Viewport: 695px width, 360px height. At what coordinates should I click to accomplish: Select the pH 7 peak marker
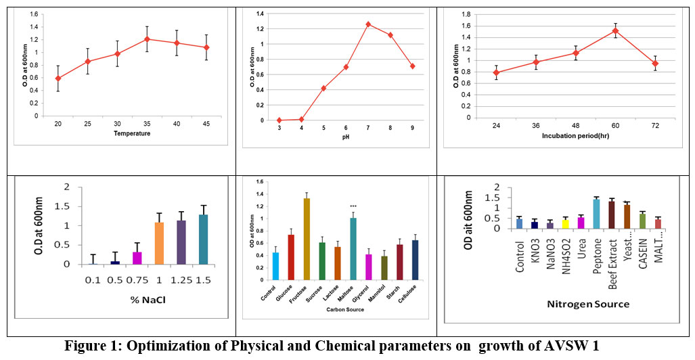coord(368,24)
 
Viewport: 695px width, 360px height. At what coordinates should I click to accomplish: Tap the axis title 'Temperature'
coord(133,134)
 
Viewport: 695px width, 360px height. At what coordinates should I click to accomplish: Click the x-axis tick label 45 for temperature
coord(207,124)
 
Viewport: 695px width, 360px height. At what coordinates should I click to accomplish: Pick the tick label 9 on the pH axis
coord(413,127)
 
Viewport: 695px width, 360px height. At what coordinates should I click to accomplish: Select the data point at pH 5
coord(323,89)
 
